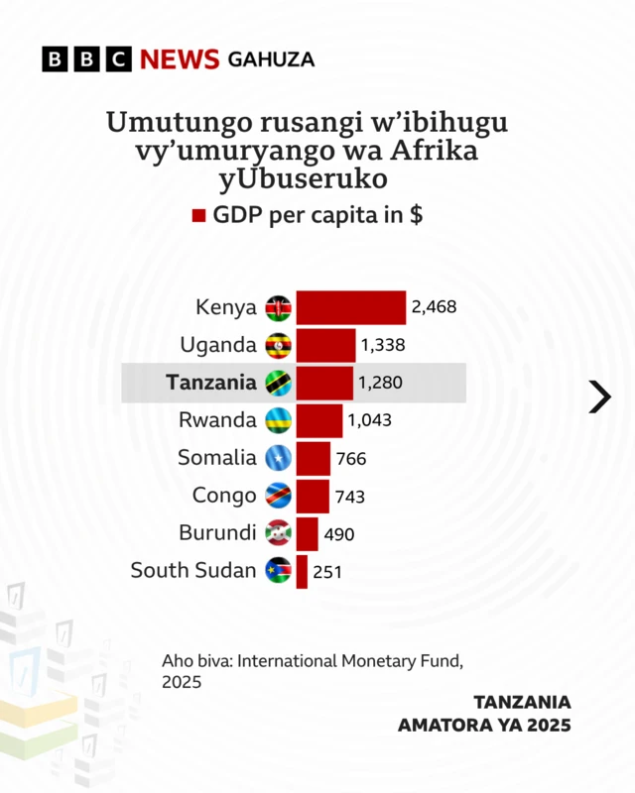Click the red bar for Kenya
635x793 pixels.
point(351,307)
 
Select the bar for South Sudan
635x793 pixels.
point(302,571)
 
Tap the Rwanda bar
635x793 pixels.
point(319,420)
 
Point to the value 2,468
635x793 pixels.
point(434,307)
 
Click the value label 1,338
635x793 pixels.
point(383,345)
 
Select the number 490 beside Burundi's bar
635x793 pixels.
point(339,534)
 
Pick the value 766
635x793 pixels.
point(351,459)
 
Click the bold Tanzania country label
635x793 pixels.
point(211,383)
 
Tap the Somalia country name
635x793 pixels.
point(217,458)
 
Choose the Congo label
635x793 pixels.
point(224,496)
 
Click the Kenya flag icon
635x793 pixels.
point(278,307)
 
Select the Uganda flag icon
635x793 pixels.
point(278,345)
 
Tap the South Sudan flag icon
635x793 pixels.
point(278,571)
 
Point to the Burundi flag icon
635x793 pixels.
point(278,533)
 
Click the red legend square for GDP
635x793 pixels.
point(198,216)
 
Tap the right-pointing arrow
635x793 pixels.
point(599,396)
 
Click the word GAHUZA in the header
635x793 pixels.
point(271,59)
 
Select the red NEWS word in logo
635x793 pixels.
point(179,59)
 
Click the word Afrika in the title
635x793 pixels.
point(442,153)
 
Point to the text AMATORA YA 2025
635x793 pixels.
point(484,725)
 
